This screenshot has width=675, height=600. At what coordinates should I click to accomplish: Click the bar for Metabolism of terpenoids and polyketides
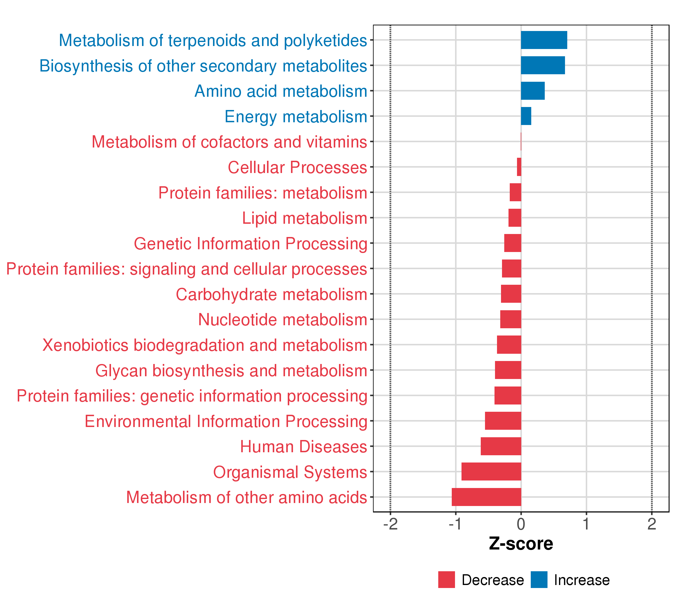(x=544, y=40)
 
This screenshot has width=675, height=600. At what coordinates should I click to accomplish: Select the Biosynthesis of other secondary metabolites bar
(x=542, y=65)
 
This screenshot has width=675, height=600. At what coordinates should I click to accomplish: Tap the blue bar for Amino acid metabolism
(x=533, y=91)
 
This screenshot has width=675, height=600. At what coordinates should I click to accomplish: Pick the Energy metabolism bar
(x=526, y=116)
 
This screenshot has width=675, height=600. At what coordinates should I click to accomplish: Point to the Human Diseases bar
(x=501, y=446)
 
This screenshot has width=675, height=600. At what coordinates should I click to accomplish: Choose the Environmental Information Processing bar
(x=503, y=421)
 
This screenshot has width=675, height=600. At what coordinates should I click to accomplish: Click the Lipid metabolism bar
(x=514, y=218)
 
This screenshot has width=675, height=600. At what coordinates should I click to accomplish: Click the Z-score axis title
(x=521, y=544)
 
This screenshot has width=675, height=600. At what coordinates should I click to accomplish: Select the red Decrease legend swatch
(x=446, y=580)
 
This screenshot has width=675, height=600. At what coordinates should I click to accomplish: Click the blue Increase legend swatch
(x=539, y=580)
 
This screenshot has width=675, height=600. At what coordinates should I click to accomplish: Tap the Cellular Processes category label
(x=297, y=167)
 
